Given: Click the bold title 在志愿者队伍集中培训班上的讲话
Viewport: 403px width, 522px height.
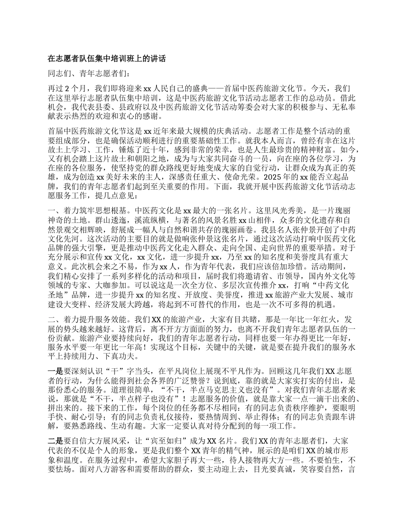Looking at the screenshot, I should click(106, 59).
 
